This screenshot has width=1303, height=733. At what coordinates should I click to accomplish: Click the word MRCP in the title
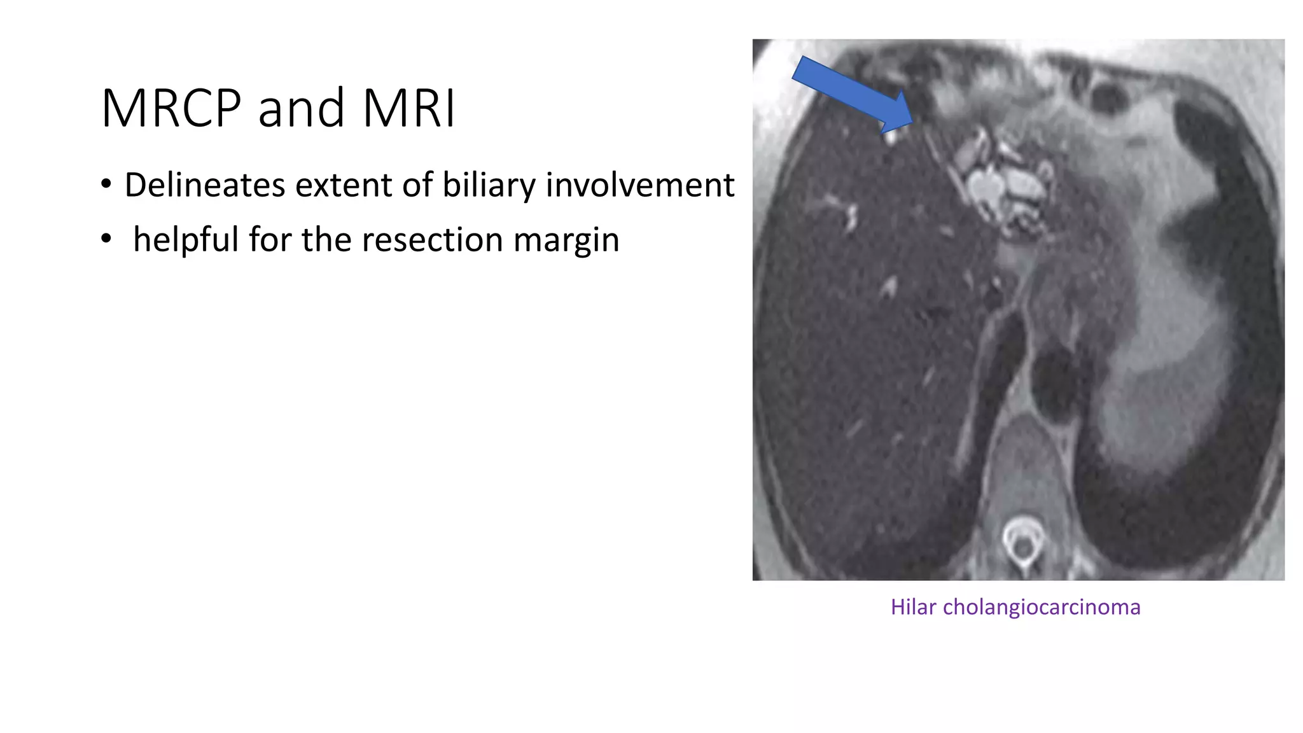171,108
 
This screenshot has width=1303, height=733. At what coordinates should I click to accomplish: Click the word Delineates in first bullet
204,185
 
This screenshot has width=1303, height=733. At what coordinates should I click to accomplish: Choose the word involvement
639,185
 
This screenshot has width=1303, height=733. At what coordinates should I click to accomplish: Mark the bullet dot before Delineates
106,185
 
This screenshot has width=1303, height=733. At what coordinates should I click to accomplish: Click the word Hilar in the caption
913,607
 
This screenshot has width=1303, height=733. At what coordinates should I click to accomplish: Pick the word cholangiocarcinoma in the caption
1042,607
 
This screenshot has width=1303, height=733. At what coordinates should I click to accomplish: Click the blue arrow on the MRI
849,93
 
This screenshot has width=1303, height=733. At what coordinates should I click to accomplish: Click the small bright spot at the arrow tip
889,136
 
